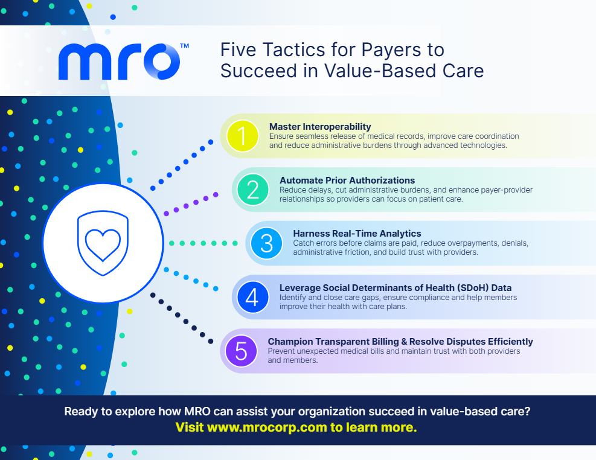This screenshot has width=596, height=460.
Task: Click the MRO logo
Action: pyautogui.click(x=120, y=62)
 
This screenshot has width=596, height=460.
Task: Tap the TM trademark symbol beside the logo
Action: pyautogui.click(x=184, y=46)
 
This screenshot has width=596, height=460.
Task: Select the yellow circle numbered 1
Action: pyautogui.click(x=243, y=136)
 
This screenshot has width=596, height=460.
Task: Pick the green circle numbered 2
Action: pyautogui.click(x=253, y=189)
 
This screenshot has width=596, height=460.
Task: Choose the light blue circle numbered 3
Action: pyautogui.click(x=266, y=243)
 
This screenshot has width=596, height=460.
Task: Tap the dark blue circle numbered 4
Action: pyautogui.click(x=253, y=297)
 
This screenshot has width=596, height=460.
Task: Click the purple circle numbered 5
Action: pyautogui.click(x=242, y=351)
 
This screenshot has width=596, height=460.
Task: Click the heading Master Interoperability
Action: pyautogui.click(x=320, y=127)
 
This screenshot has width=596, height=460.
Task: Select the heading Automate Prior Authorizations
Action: pyautogui.click(x=347, y=180)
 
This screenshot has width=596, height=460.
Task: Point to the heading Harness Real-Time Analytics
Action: pyautogui.click(x=357, y=233)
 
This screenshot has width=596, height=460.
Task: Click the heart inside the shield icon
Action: pyautogui.click(x=103, y=245)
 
